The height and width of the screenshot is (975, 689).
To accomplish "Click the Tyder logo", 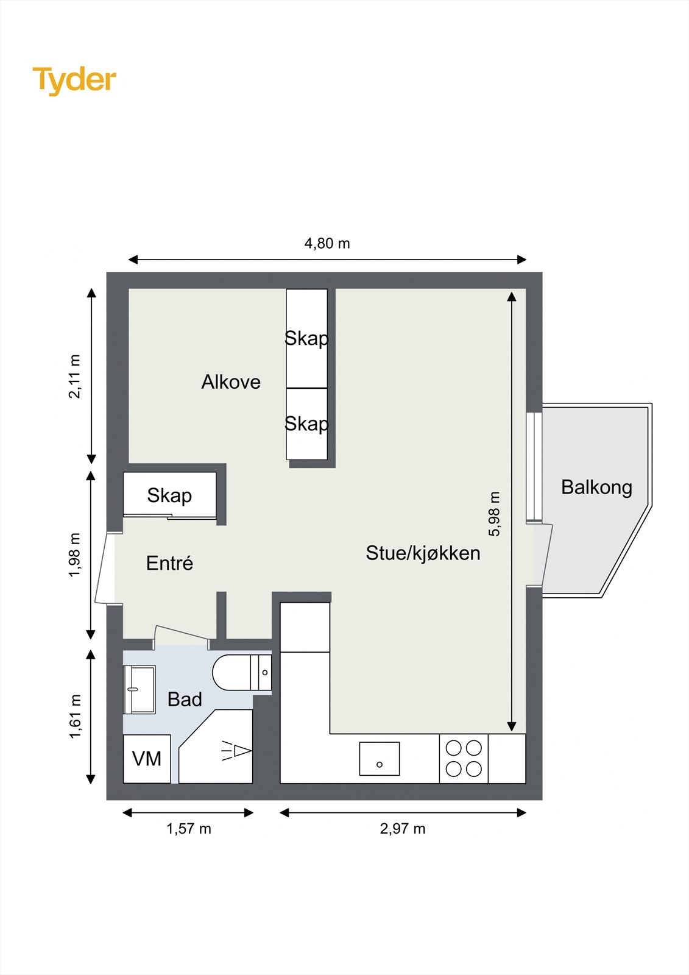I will point(74,80).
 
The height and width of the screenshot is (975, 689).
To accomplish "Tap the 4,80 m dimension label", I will point(327,244).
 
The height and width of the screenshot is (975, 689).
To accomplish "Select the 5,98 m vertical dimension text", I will point(494,514).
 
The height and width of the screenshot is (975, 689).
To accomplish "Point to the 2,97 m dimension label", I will point(403,829).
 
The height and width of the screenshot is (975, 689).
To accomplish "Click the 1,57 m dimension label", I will point(189,829).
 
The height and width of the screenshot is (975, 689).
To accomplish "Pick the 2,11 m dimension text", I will point(74,376).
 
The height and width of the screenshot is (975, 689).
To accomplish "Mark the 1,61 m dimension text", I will point(74,717).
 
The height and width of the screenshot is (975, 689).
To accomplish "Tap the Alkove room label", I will point(231,382).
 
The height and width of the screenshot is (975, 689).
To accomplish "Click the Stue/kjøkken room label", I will point(423,553).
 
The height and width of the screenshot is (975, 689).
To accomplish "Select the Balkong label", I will point(596,487).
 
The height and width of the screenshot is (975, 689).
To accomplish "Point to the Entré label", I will point(169,563).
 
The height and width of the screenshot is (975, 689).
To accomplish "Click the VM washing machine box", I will point(147,759).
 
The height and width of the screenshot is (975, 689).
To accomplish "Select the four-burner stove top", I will point(464,758).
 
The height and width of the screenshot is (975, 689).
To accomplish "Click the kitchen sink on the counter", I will point(379,758).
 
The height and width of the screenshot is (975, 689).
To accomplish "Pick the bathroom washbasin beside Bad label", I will point(139,689).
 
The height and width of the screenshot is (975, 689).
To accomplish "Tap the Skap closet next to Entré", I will point(169,495).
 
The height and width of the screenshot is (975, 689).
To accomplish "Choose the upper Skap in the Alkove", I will point(307,338).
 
